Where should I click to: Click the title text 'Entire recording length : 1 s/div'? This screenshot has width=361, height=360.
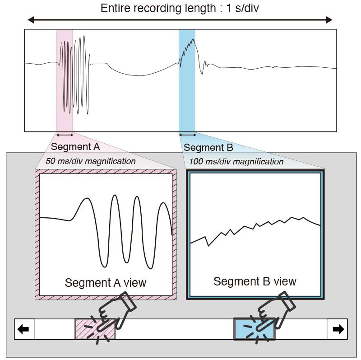click(180, 8)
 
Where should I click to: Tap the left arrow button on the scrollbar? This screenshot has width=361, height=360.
click(25, 329)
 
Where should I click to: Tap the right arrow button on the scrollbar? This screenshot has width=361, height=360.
click(337, 329)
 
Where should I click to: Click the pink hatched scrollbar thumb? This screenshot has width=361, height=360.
click(95, 329)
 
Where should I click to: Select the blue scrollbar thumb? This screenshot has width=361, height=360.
click(255, 329)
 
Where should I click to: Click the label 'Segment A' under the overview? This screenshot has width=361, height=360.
click(75, 147)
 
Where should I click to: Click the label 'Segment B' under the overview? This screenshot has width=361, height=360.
click(208, 148)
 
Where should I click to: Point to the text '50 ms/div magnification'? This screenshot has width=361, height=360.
click(91, 161)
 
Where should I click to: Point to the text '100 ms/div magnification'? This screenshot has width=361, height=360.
click(236, 162)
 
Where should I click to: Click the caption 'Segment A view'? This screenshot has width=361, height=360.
click(106, 283)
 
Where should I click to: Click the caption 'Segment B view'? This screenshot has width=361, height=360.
click(255, 281)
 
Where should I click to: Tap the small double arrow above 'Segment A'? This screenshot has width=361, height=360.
click(65, 135)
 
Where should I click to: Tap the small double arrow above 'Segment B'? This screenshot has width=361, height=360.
click(188, 135)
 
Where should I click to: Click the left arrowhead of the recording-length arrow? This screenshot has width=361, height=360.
click(31, 20)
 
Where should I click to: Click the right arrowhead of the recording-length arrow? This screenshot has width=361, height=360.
click(329, 20)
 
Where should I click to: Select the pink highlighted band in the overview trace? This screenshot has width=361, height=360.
click(64, 80)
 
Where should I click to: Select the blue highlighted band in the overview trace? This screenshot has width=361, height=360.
click(187, 80)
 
